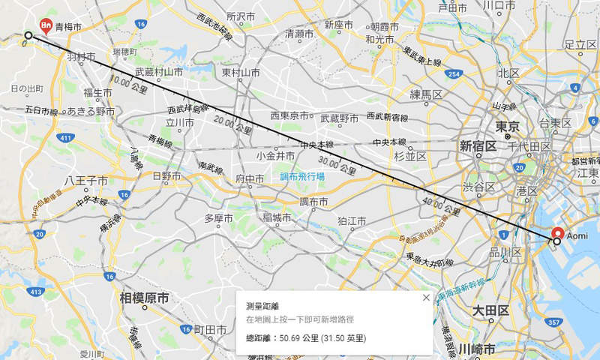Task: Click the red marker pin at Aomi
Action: point(557,232)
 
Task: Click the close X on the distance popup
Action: point(426,298)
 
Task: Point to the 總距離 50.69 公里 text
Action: point(306,339)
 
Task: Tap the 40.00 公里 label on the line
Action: point(441,205)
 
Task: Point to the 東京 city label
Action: point(508,127)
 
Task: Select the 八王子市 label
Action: point(87,181)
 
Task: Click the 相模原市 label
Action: point(144,298)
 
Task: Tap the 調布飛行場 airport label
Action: point(302,177)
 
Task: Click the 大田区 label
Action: point(491,310)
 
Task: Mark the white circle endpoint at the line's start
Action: point(28,35)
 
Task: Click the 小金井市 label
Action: point(275,156)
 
